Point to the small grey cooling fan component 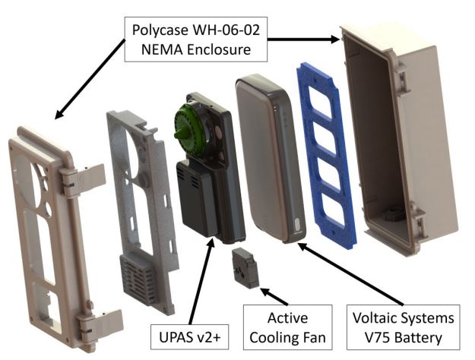pos(245,268)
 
